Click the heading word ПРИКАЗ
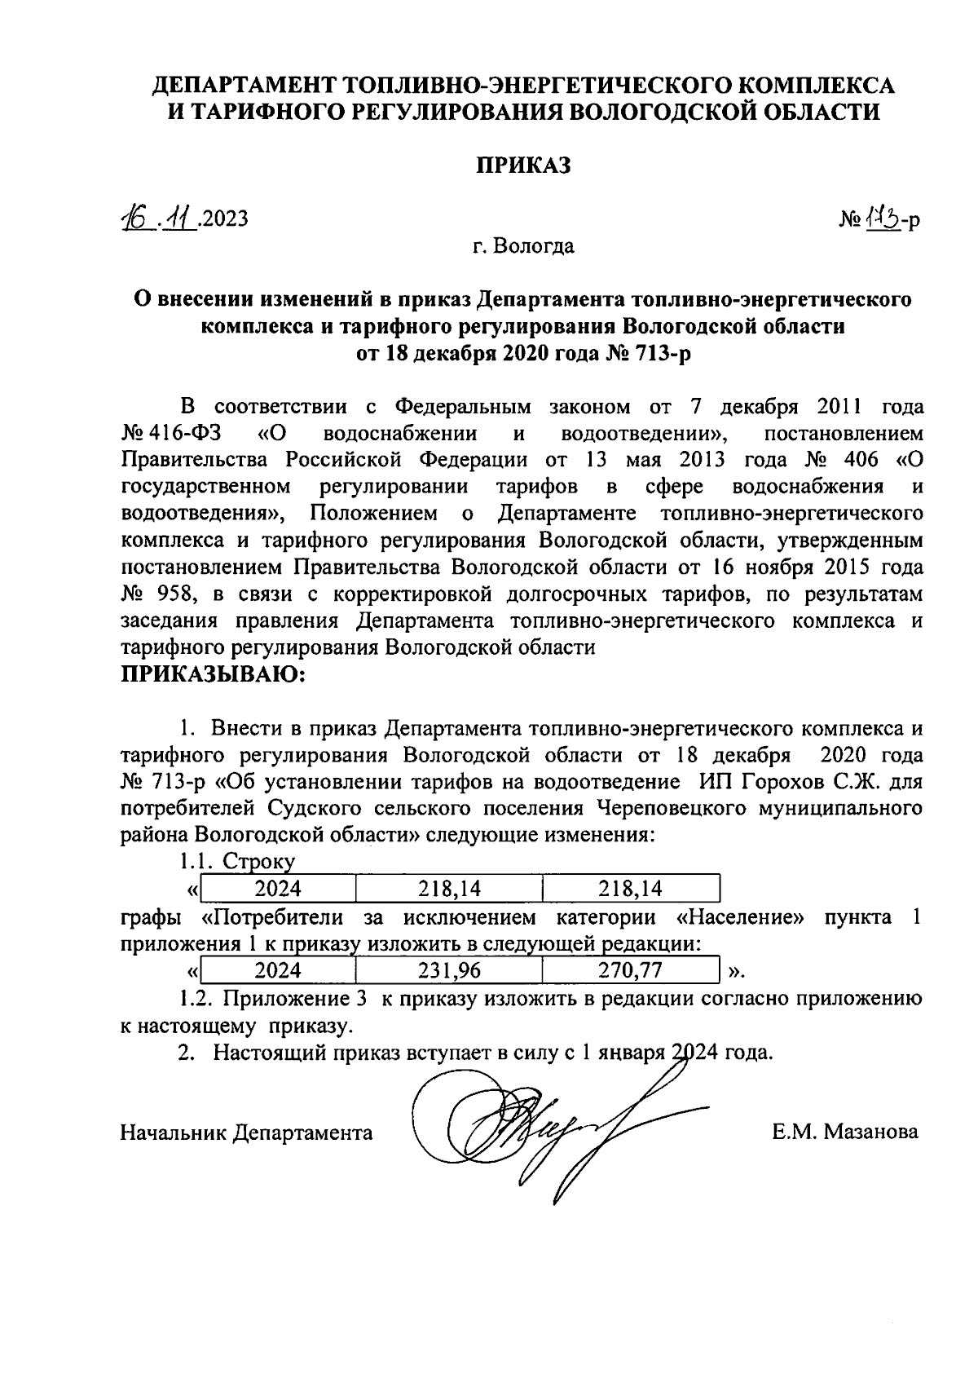524,166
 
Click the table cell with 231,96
449,970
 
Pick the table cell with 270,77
630,970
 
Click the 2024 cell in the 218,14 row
278,888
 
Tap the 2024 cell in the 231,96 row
278,970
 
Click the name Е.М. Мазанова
845,1132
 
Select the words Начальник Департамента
246,1132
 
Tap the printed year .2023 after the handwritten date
222,219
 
